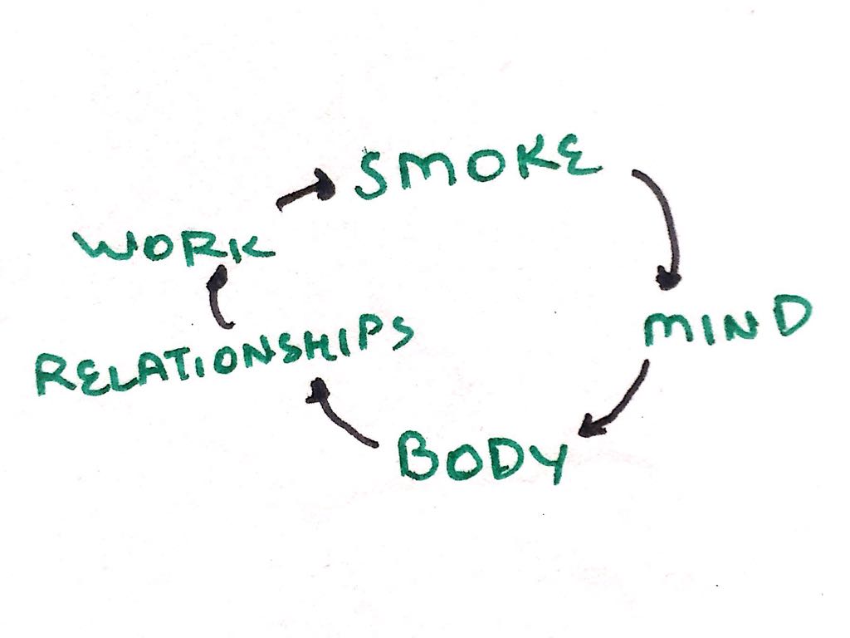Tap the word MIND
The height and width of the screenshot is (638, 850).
725,323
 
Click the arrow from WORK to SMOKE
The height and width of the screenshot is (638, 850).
305,193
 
